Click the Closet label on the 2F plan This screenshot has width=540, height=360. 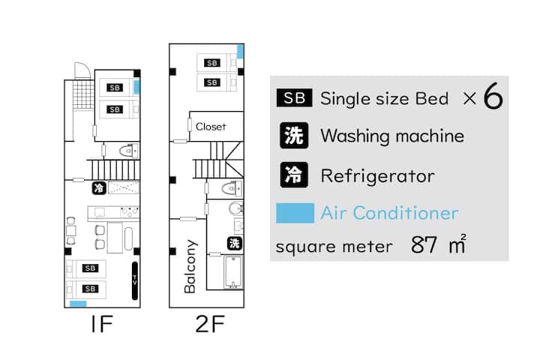pyautogui.click(x=211, y=127)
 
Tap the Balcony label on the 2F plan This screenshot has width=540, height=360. pyautogui.click(x=190, y=266)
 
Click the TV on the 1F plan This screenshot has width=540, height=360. pyautogui.click(x=135, y=280)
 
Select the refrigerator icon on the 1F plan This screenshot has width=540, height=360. pyautogui.click(x=99, y=188)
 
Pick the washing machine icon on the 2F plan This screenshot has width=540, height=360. pyautogui.click(x=235, y=244)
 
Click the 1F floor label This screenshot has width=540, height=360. pyautogui.click(x=102, y=324)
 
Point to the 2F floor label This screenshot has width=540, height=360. pyautogui.click(x=210, y=324)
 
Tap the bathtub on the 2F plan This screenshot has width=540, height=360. pyautogui.click(x=233, y=271)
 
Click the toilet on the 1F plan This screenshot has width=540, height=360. pyautogui.click(x=128, y=151)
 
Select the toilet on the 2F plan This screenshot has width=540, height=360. pyautogui.click(x=232, y=188)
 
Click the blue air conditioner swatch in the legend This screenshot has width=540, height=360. pyautogui.click(x=295, y=213)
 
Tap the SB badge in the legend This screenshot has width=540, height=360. pyautogui.click(x=295, y=97)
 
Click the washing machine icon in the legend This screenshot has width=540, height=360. pyautogui.click(x=294, y=136)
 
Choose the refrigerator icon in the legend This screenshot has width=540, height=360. pyautogui.click(x=294, y=175)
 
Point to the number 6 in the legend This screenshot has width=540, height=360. pyautogui.click(x=493, y=97)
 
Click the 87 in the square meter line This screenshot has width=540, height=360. pyautogui.click(x=424, y=244)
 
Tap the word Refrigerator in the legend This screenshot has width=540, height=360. pyautogui.click(x=377, y=176)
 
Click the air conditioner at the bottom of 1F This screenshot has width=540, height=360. pyautogui.click(x=78, y=304)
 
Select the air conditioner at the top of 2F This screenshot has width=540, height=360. pyautogui.click(x=241, y=51)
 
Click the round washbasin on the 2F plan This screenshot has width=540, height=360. pyautogui.click(x=236, y=208)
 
